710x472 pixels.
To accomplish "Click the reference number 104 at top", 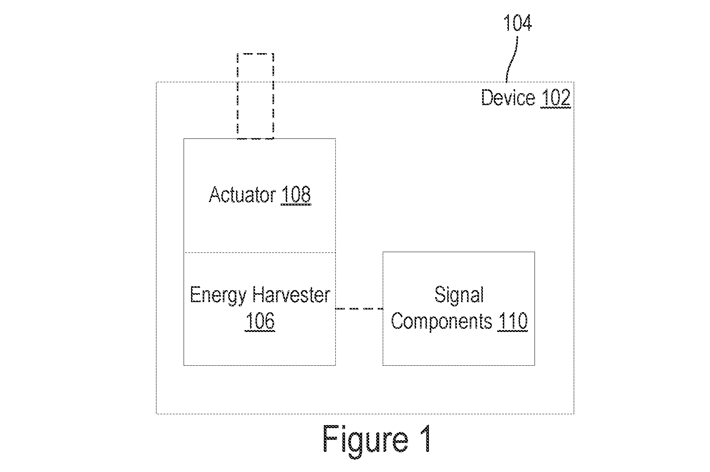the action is click(x=518, y=23).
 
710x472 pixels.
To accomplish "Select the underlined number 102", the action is click(x=556, y=98).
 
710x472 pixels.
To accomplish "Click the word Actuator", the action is click(x=243, y=194).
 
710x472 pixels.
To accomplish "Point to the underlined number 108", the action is click(x=296, y=195).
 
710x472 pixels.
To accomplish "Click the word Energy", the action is click(x=218, y=296).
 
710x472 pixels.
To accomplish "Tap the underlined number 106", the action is click(x=260, y=322).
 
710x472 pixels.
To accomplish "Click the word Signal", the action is click(x=459, y=296).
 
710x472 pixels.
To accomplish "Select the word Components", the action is click(x=441, y=322).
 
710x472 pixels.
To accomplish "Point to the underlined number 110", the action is click(x=512, y=322).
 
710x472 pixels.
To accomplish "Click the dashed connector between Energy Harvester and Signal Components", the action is click(x=359, y=309).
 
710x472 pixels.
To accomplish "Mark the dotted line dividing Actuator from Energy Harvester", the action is click(x=260, y=253).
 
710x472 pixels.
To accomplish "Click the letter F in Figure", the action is click(x=331, y=439).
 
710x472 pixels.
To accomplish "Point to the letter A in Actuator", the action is click(x=216, y=194).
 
